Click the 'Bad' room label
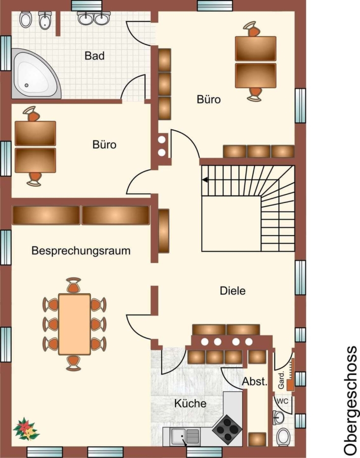tap(94, 55)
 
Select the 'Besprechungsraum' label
tap(81, 251)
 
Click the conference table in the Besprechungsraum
tap(74, 324)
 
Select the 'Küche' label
tap(190, 404)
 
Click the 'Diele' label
tap(233, 291)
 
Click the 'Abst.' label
tap(255, 382)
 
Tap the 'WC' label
tap(282, 401)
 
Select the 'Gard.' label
tap(281, 380)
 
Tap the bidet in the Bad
tap(45, 20)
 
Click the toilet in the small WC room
tap(283, 437)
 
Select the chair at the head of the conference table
tap(74, 285)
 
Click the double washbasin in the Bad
tap(94, 18)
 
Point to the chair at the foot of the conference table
tap(74, 363)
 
